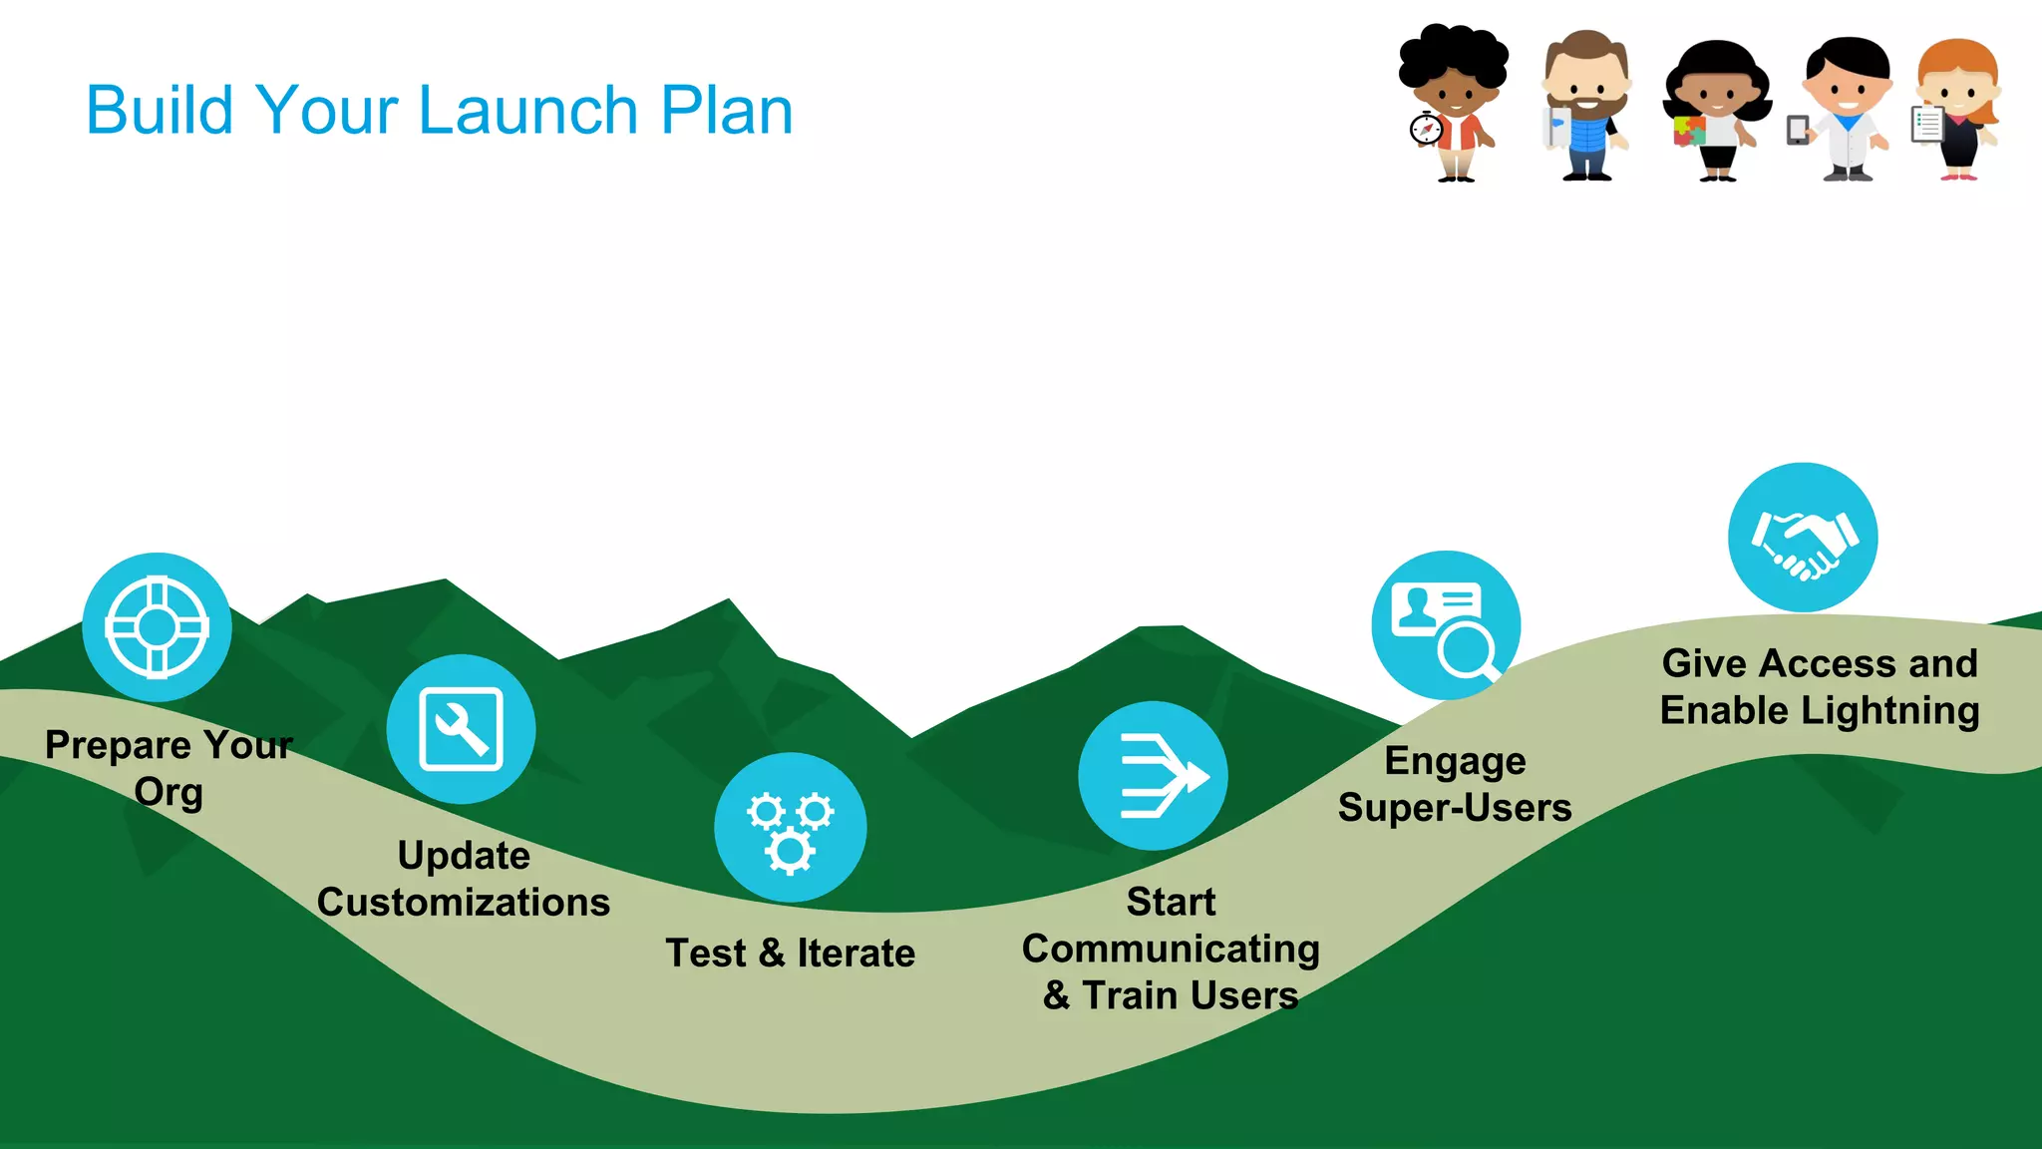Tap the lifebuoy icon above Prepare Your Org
tap(157, 627)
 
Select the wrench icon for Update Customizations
tap(461, 729)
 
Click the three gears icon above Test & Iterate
tap(790, 828)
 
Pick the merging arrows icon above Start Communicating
tap(1153, 776)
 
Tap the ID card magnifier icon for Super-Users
tap(1446, 625)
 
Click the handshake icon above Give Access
tap(1803, 538)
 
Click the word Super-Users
tap(1455, 808)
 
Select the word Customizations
tap(464, 903)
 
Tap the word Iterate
tap(855, 954)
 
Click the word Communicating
tap(1171, 950)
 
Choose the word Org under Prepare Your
tap(169, 793)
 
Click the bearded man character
tap(1585, 105)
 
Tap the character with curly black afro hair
tap(1454, 100)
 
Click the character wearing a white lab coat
tap(1848, 110)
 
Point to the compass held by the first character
tap(1426, 130)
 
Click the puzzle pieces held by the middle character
tap(1688, 131)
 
